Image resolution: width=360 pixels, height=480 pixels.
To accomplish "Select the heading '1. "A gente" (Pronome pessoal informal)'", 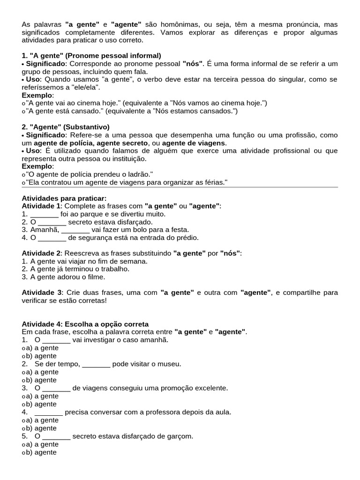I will click(x=91, y=55).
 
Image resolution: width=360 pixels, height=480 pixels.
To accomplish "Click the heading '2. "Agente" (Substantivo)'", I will click(x=66, y=127).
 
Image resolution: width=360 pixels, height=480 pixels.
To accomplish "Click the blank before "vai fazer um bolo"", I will click(x=75, y=230).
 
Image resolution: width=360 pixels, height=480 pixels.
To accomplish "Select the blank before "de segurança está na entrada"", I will click(x=52, y=238).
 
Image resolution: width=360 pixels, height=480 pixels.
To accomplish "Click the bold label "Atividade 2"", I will click(x=41, y=253).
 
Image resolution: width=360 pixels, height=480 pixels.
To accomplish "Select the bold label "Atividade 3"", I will click(x=41, y=292).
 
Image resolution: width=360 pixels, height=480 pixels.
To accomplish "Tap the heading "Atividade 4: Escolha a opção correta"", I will click(x=85, y=324).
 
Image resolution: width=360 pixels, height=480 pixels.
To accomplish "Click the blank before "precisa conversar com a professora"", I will click(x=49, y=412).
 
